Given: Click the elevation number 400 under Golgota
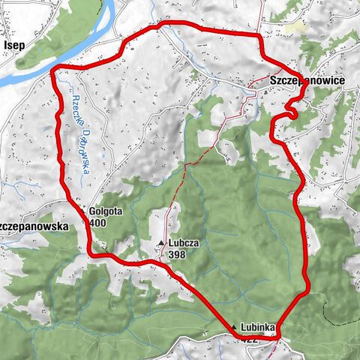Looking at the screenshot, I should coord(97,223).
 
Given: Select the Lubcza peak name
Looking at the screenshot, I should coord(184,244).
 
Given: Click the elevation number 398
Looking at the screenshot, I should coord(177,255).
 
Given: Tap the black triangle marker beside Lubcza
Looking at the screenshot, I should coord(161,243).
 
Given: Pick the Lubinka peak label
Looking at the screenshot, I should coord(259,328).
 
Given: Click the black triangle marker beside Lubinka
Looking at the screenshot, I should coord(235,328).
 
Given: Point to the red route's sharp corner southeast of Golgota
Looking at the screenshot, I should coord(93,253).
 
